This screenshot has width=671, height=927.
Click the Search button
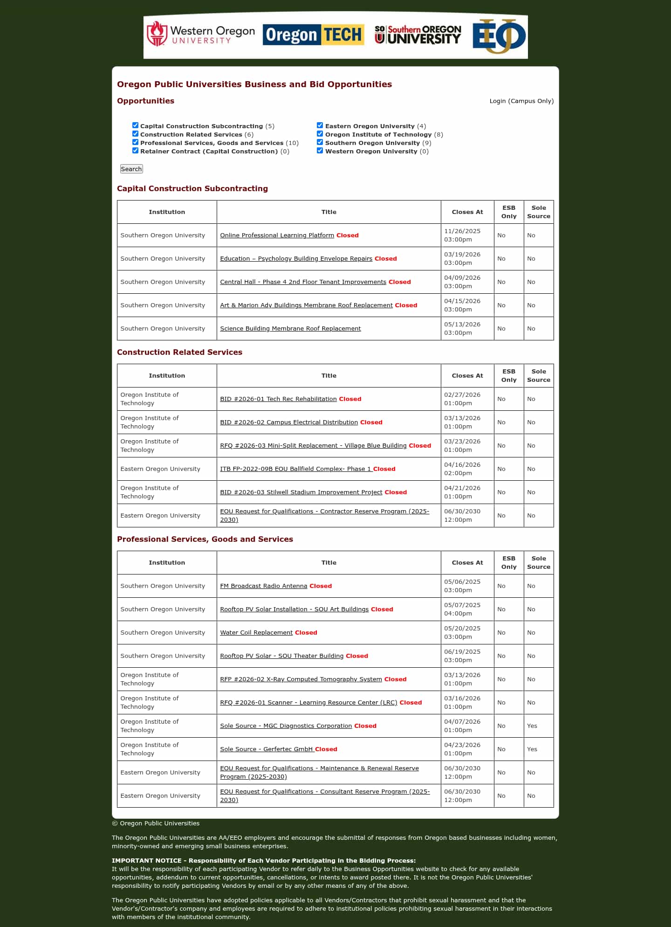(131, 169)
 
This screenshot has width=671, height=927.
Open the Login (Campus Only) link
(521, 101)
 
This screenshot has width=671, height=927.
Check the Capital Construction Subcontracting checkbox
(136, 125)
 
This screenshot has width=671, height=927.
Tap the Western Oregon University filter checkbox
(320, 151)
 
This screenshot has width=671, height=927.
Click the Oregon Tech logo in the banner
(313, 35)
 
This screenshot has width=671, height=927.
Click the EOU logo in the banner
(499, 36)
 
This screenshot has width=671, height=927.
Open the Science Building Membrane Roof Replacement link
(290, 329)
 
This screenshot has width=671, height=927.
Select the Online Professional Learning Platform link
(277, 235)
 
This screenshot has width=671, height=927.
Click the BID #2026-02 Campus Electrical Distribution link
(289, 422)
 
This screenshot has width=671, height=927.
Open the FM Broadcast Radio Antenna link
(263, 586)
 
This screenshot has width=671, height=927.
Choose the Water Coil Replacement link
(256, 633)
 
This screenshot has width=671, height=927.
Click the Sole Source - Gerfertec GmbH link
(267, 749)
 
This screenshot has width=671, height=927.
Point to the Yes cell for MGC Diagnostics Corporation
(532, 726)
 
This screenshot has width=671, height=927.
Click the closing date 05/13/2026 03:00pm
(462, 329)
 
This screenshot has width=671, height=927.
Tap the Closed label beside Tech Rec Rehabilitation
(350, 399)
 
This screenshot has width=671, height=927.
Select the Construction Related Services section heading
(179, 353)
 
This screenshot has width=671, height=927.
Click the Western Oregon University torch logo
(157, 34)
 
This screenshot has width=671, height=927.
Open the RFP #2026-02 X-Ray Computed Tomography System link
(301, 679)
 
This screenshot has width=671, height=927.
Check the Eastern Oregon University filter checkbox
(320, 125)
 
